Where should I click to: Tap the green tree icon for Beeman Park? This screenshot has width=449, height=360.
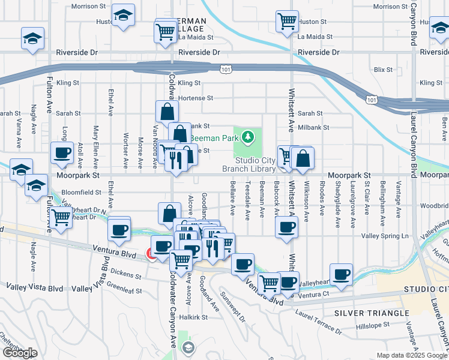[x=248, y=137]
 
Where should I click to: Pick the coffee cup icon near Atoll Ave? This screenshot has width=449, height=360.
[x=62, y=153]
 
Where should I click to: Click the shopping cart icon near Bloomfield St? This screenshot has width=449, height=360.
[x=61, y=217]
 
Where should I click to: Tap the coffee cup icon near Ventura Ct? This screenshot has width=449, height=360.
[x=342, y=274]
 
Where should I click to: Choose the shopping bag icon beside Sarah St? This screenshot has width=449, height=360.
[x=167, y=111]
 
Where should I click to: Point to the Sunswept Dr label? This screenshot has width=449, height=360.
[x=232, y=306]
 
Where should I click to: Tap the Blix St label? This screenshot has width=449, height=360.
[x=382, y=70]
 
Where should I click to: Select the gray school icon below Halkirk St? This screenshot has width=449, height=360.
[x=188, y=347]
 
